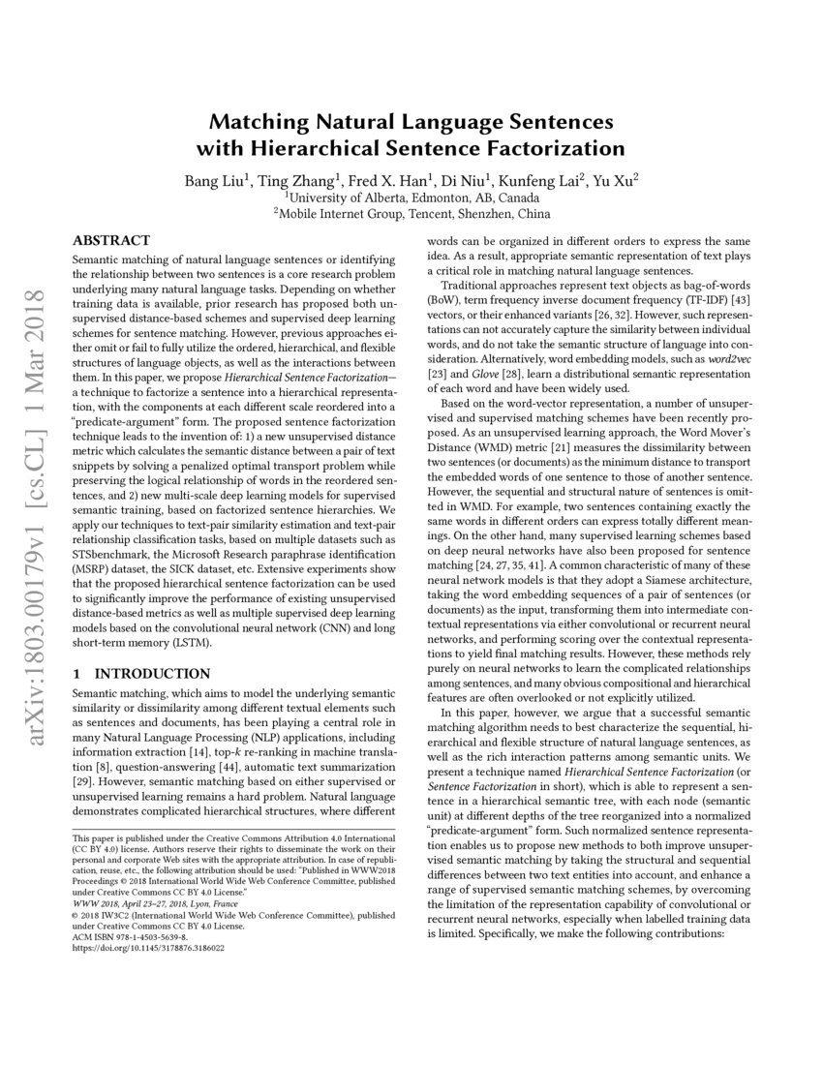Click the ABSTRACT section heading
coord(111,240)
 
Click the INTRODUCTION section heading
coord(151,673)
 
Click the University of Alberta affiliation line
coord(411,197)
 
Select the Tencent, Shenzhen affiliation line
coord(411,213)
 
